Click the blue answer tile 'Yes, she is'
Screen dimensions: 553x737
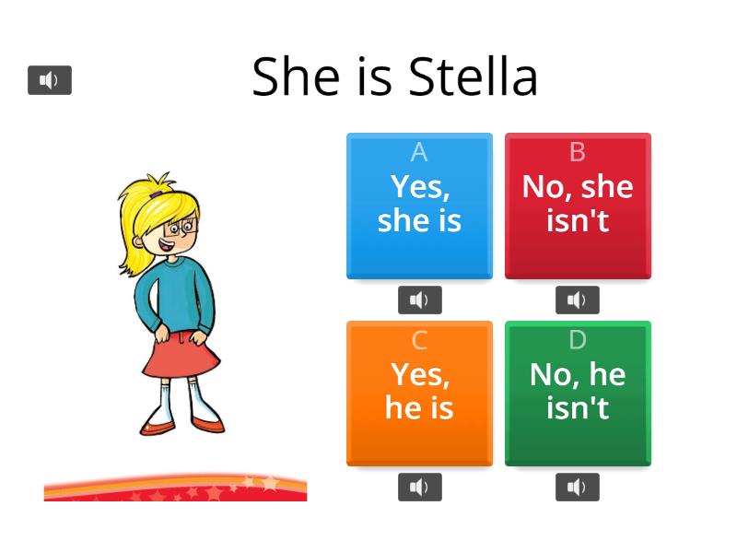coord(419,205)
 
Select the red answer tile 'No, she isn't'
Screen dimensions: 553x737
coord(578,205)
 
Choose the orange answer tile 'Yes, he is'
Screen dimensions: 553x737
coord(419,393)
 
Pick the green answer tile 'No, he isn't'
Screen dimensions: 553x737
coord(578,393)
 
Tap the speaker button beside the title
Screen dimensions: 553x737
coord(50,80)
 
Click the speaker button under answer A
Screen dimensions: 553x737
coord(419,300)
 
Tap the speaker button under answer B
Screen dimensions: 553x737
coord(578,300)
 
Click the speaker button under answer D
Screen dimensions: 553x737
coord(578,488)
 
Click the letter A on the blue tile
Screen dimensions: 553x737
coord(419,152)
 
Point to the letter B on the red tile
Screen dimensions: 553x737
coord(578,152)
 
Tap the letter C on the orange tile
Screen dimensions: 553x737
coord(419,340)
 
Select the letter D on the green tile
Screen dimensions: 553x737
coord(578,340)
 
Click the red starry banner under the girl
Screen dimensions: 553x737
coord(175,488)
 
